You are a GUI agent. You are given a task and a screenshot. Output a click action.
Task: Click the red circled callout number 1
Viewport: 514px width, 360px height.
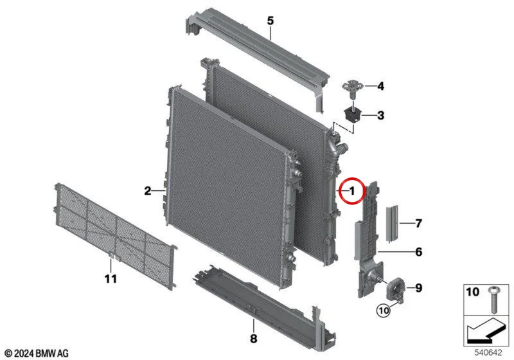[351, 190]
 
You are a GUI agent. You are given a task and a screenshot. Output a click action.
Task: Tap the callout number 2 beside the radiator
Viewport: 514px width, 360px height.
[148, 190]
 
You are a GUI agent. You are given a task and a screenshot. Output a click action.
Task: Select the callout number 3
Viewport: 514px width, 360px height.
[380, 116]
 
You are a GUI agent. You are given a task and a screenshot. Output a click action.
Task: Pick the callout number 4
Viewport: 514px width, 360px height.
[380, 86]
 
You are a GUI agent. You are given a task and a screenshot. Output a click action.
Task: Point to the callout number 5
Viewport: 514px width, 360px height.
[270, 21]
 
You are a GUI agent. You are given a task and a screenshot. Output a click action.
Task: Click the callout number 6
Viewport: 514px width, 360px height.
[419, 252]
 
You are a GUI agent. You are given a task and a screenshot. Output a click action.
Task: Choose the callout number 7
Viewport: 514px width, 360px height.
[419, 223]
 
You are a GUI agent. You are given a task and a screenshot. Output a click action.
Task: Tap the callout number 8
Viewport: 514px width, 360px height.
[253, 338]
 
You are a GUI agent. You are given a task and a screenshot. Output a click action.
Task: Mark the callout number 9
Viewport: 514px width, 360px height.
[419, 288]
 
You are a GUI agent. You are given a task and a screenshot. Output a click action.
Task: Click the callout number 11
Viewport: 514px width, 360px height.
[111, 279]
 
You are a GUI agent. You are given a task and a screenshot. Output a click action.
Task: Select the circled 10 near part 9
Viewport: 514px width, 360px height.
[384, 310]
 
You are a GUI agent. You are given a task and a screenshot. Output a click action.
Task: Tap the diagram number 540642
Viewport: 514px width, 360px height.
[488, 353]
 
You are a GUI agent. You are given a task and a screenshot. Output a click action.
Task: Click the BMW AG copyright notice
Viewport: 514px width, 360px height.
[37, 354]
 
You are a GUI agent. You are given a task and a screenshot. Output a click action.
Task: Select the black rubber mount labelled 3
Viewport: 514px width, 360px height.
[353, 115]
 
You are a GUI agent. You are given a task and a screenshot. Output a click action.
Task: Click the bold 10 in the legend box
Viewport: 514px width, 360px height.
[472, 291]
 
